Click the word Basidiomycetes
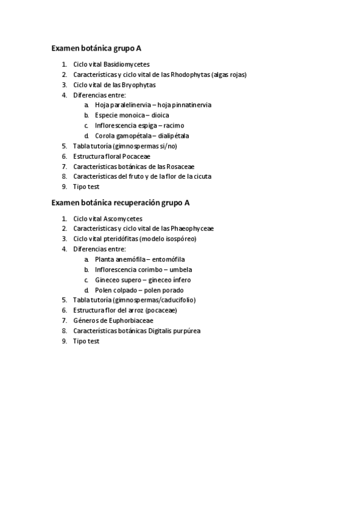126,64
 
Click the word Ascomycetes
123,219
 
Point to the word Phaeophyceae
192,229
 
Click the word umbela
182,270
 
